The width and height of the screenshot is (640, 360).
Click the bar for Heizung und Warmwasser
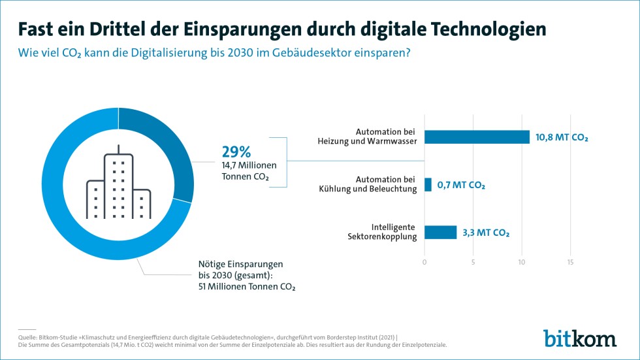pos(477,137)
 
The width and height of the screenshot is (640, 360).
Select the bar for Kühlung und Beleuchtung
pos(428,184)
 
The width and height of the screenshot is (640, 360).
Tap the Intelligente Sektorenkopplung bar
pos(440,232)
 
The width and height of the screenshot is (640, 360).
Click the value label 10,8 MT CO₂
pos(562,137)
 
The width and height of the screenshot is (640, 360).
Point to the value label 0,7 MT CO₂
pos(462,185)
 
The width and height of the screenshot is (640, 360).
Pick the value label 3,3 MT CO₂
pos(486,233)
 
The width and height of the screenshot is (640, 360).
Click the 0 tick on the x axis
pos(424,263)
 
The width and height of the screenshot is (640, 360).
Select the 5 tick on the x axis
pos(473,263)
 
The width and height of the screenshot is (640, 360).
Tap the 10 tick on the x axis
pos(521,263)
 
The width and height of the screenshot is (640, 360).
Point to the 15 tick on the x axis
pos(570,263)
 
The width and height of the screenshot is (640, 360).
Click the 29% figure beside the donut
pos(236,152)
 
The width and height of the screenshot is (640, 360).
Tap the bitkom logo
pos(579,338)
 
